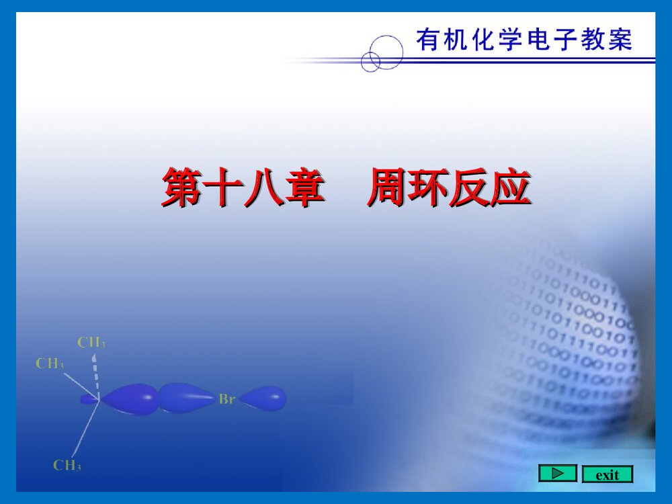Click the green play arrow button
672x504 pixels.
coord(557,474)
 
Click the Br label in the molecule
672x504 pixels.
coord(226,399)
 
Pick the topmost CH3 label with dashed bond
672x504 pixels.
coord(91,343)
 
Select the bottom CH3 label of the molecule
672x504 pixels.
coord(67,465)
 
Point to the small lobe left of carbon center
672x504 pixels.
coord(88,399)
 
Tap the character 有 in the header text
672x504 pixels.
coord(427,40)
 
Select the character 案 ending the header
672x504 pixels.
coord(621,40)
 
